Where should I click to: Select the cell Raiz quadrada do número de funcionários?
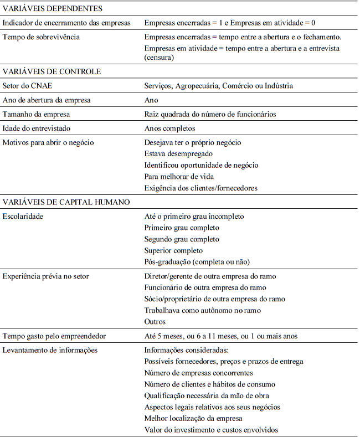(210, 114)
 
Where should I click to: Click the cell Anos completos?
(169, 128)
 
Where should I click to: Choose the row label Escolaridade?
(23, 217)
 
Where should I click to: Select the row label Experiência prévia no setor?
(46, 276)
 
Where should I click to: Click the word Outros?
(155, 321)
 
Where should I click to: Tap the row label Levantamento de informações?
(50, 350)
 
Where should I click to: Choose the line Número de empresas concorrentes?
(198, 373)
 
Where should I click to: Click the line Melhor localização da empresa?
(193, 418)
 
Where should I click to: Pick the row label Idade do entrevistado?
(39, 128)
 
